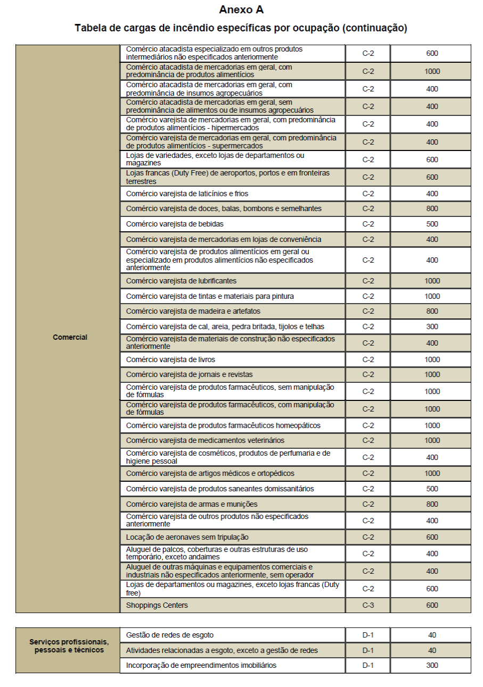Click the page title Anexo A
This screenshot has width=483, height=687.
tap(241, 10)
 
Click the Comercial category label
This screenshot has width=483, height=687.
tap(70, 337)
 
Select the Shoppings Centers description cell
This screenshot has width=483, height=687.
tap(157, 605)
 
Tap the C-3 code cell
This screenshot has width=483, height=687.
tap(368, 605)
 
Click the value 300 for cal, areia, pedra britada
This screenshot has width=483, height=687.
tap(432, 326)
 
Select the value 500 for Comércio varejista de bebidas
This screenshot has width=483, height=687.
tap(432, 224)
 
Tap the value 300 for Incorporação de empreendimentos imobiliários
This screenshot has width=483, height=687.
tap(432, 665)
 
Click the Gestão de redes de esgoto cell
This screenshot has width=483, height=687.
tap(170, 635)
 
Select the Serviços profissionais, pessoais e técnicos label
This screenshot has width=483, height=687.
tap(69, 646)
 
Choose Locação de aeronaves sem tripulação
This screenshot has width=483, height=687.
tap(187, 537)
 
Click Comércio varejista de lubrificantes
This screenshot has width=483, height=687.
tap(181, 280)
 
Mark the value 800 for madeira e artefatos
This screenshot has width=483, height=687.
tap(432, 311)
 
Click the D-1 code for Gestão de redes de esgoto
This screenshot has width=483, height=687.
tap(368, 635)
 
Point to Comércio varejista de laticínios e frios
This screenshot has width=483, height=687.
tap(187, 194)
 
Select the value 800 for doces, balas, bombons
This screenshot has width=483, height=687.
tap(432, 208)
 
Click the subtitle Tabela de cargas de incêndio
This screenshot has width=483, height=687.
tap(241, 28)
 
